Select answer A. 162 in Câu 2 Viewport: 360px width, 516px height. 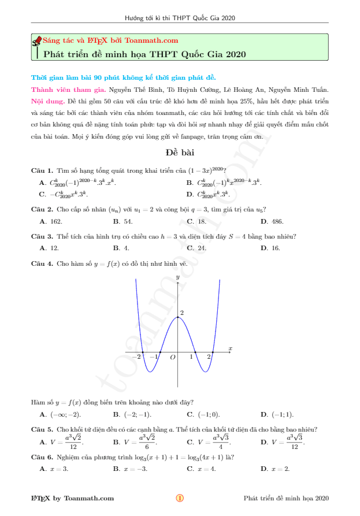pos(51,221)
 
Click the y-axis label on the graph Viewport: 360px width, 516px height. pos(178,278)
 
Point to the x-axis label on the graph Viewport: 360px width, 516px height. pos(230,348)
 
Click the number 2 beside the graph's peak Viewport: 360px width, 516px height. pos(182,313)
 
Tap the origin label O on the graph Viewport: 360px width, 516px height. pos(172,358)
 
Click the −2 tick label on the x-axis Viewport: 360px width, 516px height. pos(136,357)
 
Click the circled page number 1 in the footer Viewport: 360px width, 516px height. pos(180,498)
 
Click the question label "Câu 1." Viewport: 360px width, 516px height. pos(42,170)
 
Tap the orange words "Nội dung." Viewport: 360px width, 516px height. pos(48,101)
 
